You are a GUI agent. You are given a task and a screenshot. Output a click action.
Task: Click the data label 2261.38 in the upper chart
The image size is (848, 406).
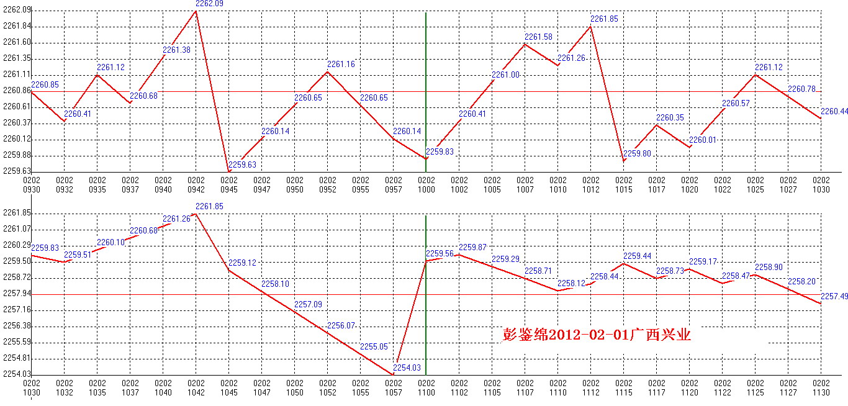click(176, 50)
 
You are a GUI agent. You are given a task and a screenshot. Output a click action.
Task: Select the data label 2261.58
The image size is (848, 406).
click(538, 37)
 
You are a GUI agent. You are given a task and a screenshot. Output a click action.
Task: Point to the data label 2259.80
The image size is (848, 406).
click(637, 153)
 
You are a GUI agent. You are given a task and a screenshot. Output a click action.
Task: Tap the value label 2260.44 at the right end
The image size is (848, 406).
click(834, 112)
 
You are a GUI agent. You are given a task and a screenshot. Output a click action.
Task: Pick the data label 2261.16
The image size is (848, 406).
click(341, 65)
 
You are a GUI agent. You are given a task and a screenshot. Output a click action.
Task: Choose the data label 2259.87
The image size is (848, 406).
click(472, 248)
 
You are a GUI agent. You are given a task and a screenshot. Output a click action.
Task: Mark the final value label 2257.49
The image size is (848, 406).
click(834, 297)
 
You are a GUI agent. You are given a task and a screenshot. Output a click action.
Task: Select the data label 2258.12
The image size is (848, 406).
click(571, 283)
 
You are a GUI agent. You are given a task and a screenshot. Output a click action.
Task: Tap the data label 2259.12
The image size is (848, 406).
click(242, 263)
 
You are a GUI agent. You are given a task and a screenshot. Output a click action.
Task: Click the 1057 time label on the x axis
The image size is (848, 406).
click(394, 392)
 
